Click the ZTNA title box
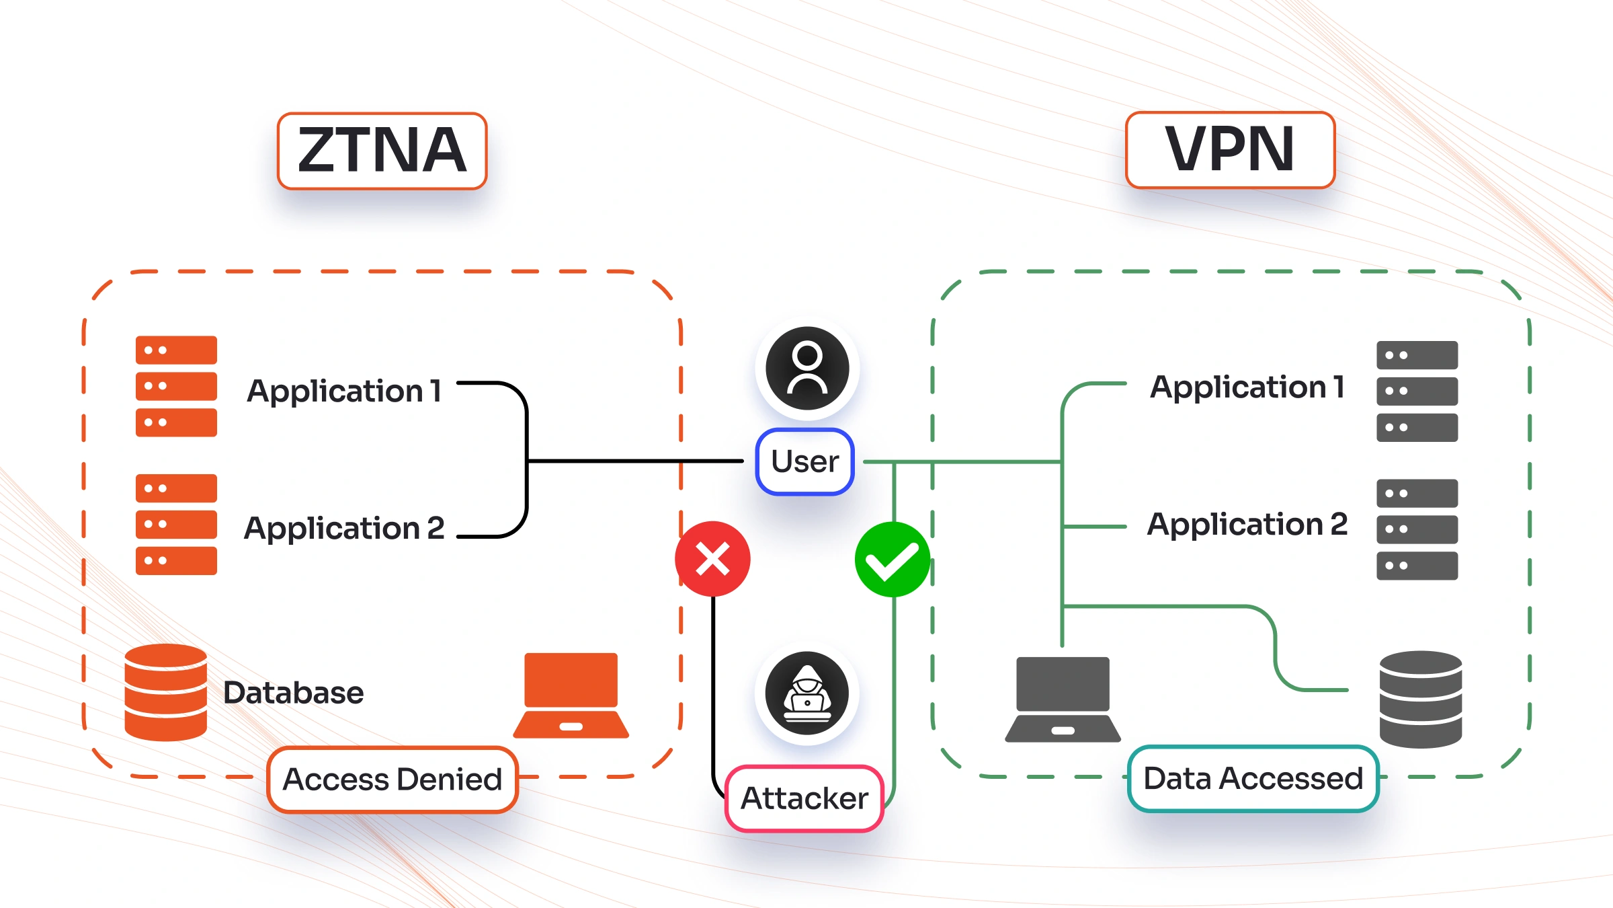tap(382, 151)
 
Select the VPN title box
tap(1230, 149)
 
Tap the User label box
tap(804, 461)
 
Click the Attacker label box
tap(804, 798)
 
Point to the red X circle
tap(712, 559)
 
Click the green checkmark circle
tap(892, 560)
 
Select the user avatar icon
tap(807, 368)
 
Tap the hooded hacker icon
tap(807, 693)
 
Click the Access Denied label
tap(392, 780)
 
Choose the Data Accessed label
tap(1253, 778)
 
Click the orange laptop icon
tap(571, 695)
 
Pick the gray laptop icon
tap(1063, 699)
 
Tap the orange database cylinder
tap(165, 692)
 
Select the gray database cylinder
tap(1420, 699)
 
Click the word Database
tap(293, 693)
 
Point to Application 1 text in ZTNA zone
tap(343, 391)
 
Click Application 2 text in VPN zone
tap(1247, 524)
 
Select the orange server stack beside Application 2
tap(176, 524)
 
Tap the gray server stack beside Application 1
tap(1417, 391)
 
